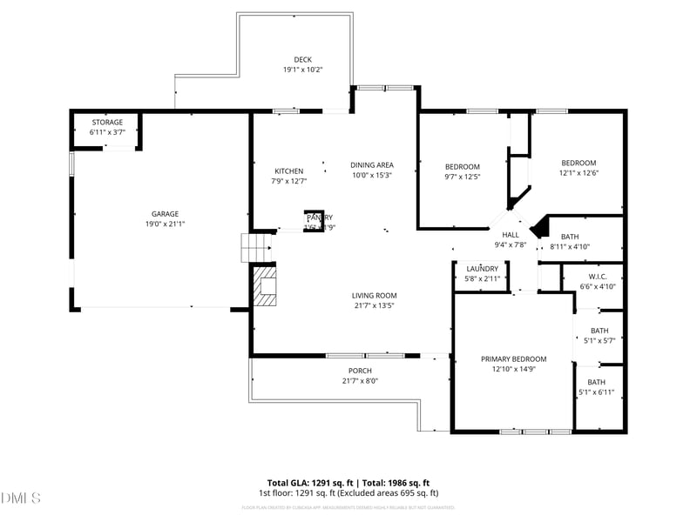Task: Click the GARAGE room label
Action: (166, 214)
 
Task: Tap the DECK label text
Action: (302, 60)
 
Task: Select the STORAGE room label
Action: (107, 123)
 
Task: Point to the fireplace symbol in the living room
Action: (265, 286)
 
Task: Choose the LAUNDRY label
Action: (482, 269)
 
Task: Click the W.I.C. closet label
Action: (598, 277)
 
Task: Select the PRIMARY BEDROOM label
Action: (513, 359)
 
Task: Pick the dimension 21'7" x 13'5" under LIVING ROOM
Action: (374, 305)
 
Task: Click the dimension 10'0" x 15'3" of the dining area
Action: (372, 175)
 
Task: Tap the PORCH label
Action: (360, 371)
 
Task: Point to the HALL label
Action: (511, 235)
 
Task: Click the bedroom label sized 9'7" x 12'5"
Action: (463, 167)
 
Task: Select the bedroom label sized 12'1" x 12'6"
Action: (578, 164)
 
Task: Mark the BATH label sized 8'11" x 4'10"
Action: (570, 237)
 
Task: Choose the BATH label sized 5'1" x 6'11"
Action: (597, 382)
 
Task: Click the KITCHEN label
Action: (289, 171)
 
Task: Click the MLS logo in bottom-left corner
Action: (22, 499)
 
